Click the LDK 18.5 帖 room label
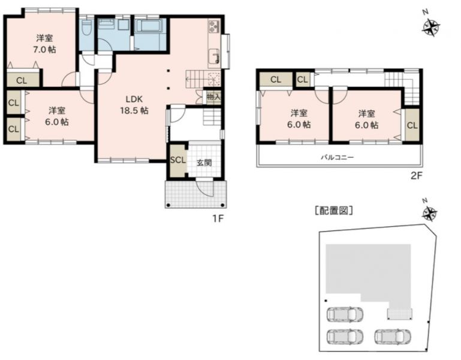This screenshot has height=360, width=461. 134,105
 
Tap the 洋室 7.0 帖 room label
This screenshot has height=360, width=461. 44,44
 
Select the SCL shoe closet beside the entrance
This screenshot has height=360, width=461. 178,160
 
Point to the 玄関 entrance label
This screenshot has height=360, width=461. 204,163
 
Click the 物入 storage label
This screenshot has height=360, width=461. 214,97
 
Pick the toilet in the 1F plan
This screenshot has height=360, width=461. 86,28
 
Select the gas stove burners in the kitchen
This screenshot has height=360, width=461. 214,26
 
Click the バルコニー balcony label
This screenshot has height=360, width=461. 337,157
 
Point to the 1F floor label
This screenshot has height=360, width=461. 218,218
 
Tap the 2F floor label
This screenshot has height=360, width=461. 416,176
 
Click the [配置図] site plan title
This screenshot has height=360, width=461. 334,211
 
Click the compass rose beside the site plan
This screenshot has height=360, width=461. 430,213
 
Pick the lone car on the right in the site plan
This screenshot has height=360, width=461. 393,336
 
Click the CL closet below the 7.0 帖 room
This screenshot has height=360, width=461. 22,79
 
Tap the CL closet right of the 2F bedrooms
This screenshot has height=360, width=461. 412,125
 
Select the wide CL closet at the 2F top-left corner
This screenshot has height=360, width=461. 276,79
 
